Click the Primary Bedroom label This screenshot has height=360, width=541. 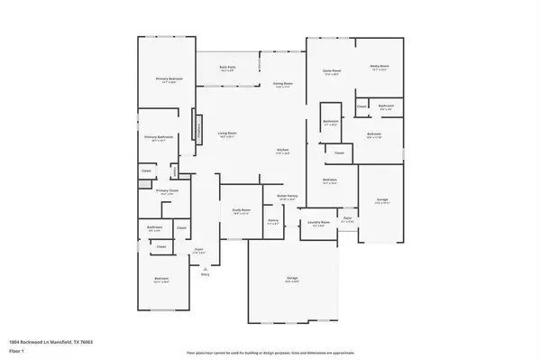tap(164, 79)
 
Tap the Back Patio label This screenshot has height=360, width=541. tap(227, 69)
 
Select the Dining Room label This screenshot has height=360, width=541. tap(283, 85)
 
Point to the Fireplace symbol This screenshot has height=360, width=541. tap(200, 132)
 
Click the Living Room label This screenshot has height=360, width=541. tap(227, 134)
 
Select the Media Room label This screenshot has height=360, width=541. tap(379, 68)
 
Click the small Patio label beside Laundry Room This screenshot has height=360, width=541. tap(348, 218)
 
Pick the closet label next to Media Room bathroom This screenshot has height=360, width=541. tap(361, 106)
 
